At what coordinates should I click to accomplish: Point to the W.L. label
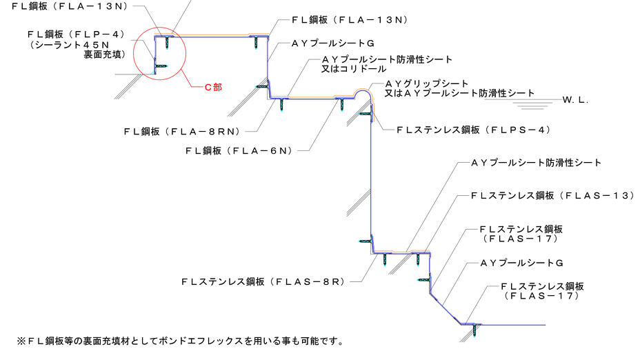click(574, 100)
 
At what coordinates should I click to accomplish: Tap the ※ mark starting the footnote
click(21, 341)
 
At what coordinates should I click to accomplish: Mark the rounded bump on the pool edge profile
click(362, 94)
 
